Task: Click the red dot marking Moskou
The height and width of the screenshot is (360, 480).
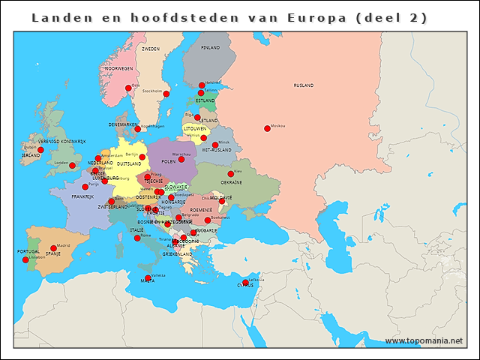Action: click(267, 128)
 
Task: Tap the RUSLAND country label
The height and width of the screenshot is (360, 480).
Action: click(304, 85)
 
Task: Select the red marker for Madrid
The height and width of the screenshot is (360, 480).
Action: click(53, 248)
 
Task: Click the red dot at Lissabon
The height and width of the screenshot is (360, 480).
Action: click(25, 259)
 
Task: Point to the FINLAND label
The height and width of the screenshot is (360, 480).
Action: click(210, 47)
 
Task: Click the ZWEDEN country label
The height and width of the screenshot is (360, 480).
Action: click(151, 49)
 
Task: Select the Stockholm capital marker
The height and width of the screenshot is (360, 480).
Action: click(166, 94)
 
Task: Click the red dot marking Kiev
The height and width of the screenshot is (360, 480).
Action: click(231, 174)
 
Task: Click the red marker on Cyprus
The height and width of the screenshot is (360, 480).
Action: click(245, 283)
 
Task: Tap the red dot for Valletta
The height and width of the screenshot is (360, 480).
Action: click(148, 278)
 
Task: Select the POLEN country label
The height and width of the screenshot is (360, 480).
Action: click(168, 161)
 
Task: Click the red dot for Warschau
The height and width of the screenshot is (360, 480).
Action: click(181, 158)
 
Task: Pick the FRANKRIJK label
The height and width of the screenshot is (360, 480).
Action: click(82, 196)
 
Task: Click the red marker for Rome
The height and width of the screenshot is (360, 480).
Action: click(137, 238)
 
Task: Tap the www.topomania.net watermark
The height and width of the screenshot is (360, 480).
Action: click(423, 340)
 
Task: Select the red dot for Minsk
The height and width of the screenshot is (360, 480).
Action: click(215, 145)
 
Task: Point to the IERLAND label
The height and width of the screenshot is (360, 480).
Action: click(31, 155)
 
